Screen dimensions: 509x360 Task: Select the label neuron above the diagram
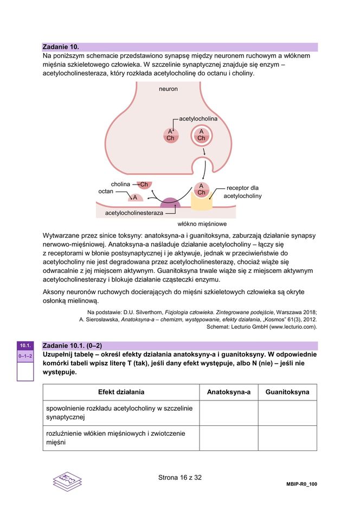click(168, 88)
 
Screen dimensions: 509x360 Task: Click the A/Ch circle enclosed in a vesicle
click(201, 135)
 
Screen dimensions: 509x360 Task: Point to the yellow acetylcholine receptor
click(201, 202)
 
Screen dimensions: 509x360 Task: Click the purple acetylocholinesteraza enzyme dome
click(170, 203)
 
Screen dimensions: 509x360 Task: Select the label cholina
click(120, 184)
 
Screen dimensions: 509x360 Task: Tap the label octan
click(106, 192)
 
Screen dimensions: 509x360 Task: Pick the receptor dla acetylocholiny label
click(242, 192)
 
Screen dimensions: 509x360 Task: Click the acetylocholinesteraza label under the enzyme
click(134, 213)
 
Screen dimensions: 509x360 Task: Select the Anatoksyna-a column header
click(228, 392)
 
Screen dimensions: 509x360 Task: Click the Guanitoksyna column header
click(287, 392)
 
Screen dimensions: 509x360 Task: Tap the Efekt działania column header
click(121, 392)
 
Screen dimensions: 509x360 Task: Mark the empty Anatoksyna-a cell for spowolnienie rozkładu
click(228, 412)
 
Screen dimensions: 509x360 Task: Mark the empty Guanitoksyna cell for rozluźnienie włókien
click(287, 438)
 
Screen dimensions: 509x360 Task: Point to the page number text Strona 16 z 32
click(179, 478)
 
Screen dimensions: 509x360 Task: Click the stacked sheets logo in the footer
click(67, 481)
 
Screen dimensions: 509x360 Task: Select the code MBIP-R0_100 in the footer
click(301, 484)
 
